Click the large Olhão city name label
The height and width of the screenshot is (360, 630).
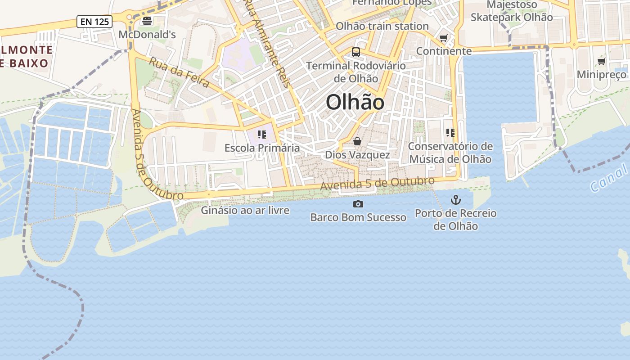(355, 103)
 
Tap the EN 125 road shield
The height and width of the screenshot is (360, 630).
(94, 21)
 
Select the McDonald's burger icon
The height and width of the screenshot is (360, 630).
(147, 21)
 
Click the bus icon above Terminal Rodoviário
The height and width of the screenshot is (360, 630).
(356, 52)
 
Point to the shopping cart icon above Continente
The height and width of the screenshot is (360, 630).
(444, 38)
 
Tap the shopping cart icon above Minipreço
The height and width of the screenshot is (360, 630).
(602, 62)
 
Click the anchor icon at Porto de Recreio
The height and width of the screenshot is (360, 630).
(456, 200)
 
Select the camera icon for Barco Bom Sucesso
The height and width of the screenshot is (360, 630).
(358, 204)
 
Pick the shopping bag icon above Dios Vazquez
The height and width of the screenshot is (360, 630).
(357, 142)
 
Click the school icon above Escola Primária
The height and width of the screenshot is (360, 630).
(262, 135)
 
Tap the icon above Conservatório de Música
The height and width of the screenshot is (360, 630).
(450, 133)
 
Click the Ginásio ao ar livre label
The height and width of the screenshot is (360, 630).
(245, 210)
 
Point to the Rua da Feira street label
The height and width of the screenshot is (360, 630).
(179, 72)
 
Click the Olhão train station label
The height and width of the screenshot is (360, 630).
(382, 26)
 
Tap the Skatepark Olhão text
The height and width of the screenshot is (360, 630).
(512, 18)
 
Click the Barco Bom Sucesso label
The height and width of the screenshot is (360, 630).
(358, 217)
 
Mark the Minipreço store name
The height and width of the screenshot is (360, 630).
(602, 74)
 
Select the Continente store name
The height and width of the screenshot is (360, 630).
(444, 51)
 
